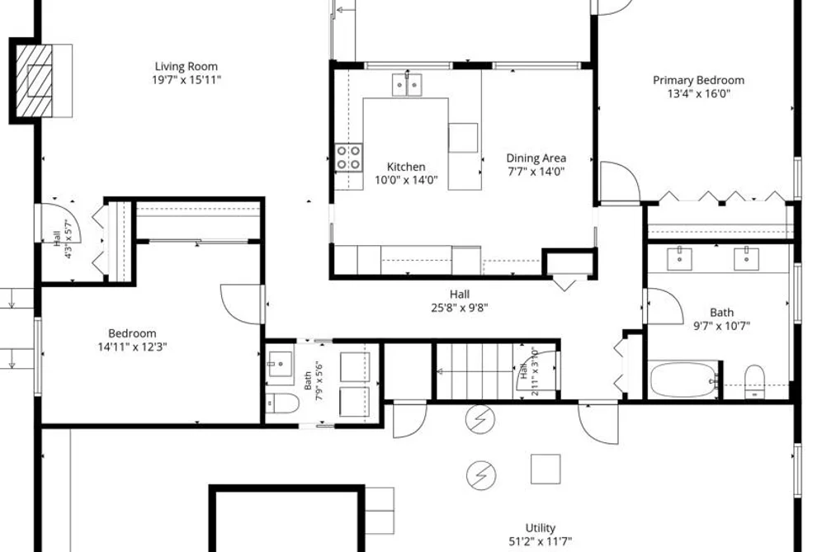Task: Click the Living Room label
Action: (x=186, y=67)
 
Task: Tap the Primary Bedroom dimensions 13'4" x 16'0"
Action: (x=698, y=94)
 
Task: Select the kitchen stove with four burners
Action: (x=349, y=158)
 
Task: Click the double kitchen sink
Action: (x=408, y=85)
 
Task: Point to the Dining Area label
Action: (x=536, y=158)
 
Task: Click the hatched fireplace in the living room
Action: (x=35, y=81)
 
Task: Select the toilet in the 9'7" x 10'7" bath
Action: (x=754, y=381)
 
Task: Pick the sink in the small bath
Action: (x=280, y=365)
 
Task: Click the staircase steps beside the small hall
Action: (x=475, y=371)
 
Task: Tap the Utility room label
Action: (x=541, y=528)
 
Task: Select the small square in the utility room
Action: (x=546, y=469)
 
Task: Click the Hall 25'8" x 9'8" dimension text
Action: (x=460, y=308)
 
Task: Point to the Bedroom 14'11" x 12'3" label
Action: (x=132, y=333)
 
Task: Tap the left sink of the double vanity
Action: (x=680, y=259)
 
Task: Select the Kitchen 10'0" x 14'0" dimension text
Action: (x=406, y=180)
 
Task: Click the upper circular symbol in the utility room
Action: (x=479, y=419)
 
